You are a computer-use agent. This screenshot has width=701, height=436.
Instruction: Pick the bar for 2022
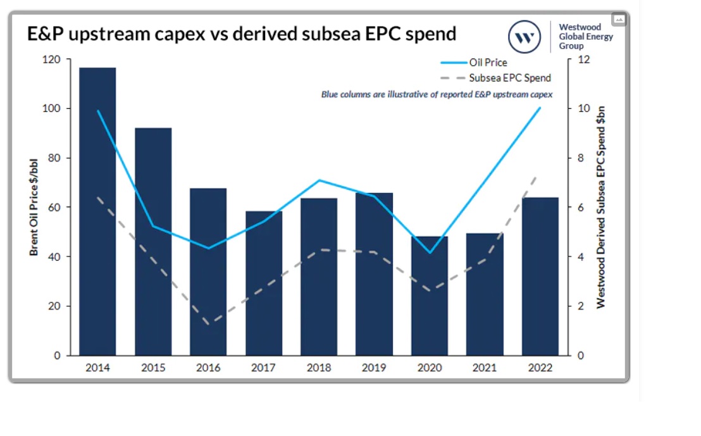pyautogui.click(x=540, y=278)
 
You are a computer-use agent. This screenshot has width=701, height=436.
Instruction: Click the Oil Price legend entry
pyautogui.click(x=487, y=63)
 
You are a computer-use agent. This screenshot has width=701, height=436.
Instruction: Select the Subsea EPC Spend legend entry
pyautogui.click(x=509, y=78)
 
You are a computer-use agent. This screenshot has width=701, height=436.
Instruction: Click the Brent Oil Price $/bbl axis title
pyautogui.click(x=34, y=208)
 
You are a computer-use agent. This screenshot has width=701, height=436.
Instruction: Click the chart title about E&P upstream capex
pyautogui.click(x=242, y=34)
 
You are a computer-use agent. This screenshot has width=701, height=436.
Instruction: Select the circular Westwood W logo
pyautogui.click(x=524, y=37)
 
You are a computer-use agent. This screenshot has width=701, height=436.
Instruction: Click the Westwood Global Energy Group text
pyautogui.click(x=585, y=36)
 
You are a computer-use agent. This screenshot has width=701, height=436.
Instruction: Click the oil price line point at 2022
pyautogui.click(x=540, y=108)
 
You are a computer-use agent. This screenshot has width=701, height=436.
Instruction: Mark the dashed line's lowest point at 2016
pyautogui.click(x=209, y=323)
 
